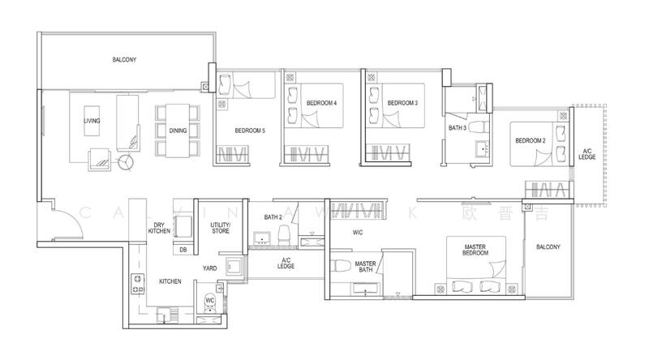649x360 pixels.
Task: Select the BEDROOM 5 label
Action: [x=250, y=131]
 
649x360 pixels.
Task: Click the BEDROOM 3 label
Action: [x=402, y=103]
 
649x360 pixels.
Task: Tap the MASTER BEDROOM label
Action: [x=475, y=250]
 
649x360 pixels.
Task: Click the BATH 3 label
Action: [x=457, y=127]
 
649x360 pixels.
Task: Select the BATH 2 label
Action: [x=273, y=217]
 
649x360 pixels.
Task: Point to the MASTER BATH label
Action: [x=364, y=267]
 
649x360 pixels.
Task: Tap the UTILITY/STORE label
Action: [x=220, y=228]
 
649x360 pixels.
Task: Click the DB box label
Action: [x=183, y=249]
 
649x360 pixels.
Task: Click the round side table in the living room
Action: [x=126, y=161]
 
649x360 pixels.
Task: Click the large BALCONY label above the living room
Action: [x=124, y=59]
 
